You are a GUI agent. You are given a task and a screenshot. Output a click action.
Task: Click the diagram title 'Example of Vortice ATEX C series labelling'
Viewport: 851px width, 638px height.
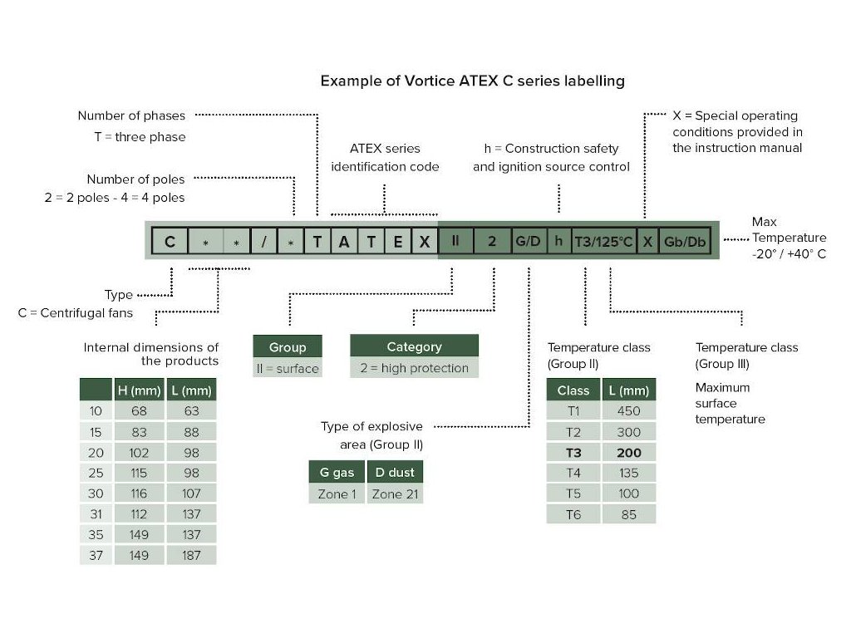(x=472, y=81)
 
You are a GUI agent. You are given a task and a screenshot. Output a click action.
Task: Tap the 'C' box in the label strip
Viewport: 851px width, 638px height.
(x=170, y=241)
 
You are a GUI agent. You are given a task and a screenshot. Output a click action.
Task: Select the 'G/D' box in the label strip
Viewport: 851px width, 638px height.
(x=528, y=241)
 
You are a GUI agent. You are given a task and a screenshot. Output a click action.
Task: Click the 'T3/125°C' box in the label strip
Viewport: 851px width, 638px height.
(x=603, y=241)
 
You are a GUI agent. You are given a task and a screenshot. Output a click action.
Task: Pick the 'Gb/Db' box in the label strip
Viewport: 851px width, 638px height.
(x=685, y=241)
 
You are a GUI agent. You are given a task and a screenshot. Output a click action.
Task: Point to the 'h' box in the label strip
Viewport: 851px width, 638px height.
(x=558, y=241)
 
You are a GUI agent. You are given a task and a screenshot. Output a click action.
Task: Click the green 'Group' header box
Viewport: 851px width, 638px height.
(x=288, y=346)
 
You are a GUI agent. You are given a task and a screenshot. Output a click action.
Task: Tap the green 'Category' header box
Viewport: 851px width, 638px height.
(x=414, y=346)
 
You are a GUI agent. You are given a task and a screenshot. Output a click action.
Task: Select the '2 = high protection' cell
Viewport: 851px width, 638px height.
(x=414, y=368)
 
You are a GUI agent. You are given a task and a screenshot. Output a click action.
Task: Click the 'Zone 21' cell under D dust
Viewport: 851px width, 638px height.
(x=395, y=494)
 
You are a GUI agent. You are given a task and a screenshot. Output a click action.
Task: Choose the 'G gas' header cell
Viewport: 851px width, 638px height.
(x=337, y=473)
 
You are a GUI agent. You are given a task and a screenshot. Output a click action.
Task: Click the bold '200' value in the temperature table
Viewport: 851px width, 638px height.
(x=629, y=453)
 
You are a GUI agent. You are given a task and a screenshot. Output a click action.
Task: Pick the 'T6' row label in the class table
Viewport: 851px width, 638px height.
(x=573, y=514)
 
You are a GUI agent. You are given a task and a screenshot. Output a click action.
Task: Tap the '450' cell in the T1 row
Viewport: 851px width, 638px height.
(x=629, y=411)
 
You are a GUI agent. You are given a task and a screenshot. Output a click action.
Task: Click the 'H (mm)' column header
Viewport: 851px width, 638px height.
(x=139, y=390)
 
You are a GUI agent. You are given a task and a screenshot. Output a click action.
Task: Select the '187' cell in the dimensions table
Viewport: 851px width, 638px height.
(x=192, y=555)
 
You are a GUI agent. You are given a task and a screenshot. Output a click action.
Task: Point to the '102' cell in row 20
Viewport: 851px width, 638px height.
(x=139, y=453)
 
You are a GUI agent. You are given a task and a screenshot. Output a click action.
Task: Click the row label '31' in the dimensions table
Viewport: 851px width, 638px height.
(x=96, y=513)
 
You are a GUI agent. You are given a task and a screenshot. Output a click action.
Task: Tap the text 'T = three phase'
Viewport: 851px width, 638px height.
(x=140, y=137)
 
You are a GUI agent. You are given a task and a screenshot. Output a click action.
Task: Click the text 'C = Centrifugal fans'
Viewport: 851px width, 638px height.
(x=76, y=313)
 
